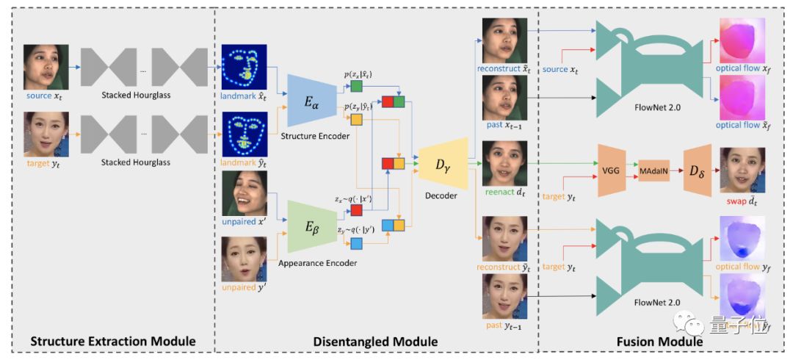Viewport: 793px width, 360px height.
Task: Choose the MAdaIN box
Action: [x=653, y=170]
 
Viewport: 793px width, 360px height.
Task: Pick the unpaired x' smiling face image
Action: [x=244, y=193]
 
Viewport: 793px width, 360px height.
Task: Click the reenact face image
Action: [x=505, y=162]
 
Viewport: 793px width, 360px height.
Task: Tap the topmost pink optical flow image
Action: [x=742, y=41]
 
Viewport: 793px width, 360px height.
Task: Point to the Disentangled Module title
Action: [x=375, y=342]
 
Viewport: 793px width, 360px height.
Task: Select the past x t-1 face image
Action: [x=505, y=98]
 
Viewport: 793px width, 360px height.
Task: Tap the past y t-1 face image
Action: [x=505, y=296]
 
